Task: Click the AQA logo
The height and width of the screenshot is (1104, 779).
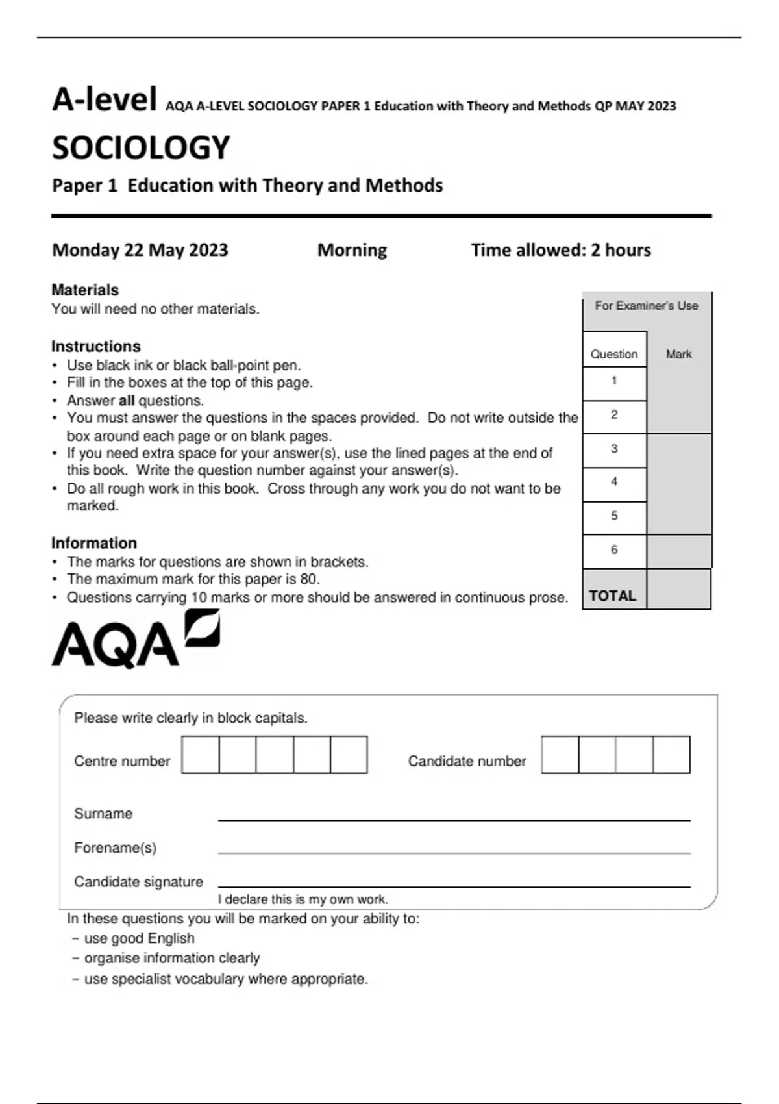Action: pos(135,640)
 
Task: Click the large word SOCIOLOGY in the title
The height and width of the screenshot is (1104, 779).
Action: pos(141,147)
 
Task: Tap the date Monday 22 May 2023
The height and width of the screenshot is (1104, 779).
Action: pos(140,250)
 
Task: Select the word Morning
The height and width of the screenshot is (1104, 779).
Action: pos(352,250)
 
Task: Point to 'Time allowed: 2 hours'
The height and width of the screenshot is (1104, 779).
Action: pos(561,250)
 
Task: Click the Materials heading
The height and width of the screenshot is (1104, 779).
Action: pos(85,290)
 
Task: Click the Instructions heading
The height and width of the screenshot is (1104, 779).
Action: pos(96,346)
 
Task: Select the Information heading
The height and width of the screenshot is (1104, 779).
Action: pos(94,543)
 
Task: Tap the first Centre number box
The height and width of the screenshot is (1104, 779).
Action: pos(201,755)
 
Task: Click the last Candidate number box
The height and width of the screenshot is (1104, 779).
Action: pos(671,755)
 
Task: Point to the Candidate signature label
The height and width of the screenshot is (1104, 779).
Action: pos(138,882)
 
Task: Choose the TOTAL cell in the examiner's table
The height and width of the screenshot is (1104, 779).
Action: pos(613,596)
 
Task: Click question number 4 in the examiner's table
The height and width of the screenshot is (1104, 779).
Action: pos(614,482)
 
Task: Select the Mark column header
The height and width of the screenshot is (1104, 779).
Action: pos(678,354)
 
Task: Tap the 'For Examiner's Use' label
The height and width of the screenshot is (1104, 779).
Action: pos(647,305)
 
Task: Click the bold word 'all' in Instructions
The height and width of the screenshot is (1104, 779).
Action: pos(127,401)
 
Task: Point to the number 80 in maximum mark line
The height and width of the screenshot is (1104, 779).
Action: pos(308,579)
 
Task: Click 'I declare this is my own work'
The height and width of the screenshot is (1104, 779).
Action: pos(303,899)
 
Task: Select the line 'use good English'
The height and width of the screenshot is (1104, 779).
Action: pos(139,938)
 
